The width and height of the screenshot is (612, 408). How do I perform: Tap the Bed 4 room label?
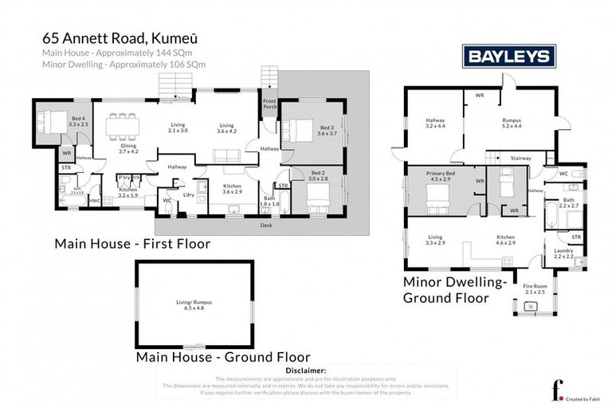coord(77,121)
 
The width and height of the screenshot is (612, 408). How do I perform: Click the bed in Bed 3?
coord(296,127)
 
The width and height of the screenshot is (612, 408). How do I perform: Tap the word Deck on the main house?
coord(265,226)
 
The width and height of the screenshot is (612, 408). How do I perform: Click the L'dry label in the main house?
coord(189,194)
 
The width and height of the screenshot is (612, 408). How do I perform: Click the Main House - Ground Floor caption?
coord(223,357)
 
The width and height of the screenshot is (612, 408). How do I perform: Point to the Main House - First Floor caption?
coord(132,243)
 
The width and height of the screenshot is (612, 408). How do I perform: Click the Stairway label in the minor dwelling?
coord(520,159)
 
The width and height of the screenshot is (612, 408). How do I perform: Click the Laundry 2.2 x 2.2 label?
coord(564,253)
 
